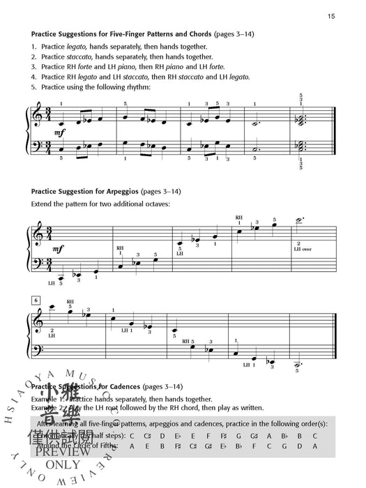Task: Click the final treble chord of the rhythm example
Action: click(300, 119)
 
